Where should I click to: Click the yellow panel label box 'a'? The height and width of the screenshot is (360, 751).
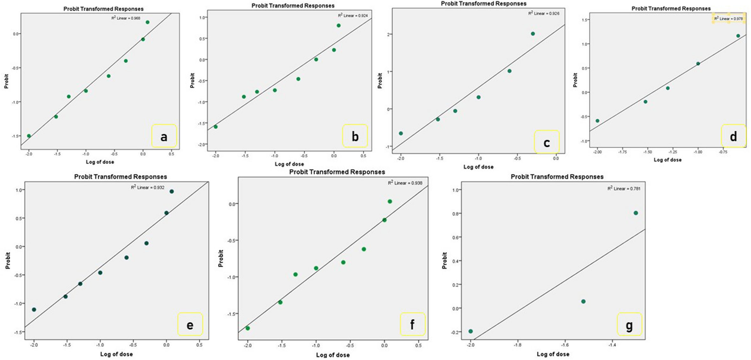pyautogui.click(x=164, y=136)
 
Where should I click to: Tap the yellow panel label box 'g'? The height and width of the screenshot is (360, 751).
pyautogui.click(x=629, y=324)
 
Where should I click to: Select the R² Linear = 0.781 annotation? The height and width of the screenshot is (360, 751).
pyautogui.click(x=624, y=189)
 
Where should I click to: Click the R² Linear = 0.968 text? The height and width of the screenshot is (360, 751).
pyautogui.click(x=126, y=18)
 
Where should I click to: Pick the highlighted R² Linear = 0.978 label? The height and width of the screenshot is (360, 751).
pyautogui.click(x=728, y=19)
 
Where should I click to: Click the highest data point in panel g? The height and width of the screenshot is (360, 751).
pyautogui.click(x=636, y=213)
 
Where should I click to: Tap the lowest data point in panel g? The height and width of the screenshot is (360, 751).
pyautogui.click(x=471, y=331)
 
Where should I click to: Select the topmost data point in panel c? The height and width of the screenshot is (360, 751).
pyautogui.click(x=533, y=34)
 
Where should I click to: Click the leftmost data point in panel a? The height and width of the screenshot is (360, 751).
pyautogui.click(x=29, y=136)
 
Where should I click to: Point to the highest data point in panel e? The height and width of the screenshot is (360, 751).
pyautogui.click(x=172, y=191)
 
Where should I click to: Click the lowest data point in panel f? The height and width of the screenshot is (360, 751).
pyautogui.click(x=248, y=328)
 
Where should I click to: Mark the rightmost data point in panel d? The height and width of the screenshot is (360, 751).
pyautogui.click(x=738, y=36)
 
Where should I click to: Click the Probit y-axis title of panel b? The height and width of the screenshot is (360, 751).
pyautogui.click(x=192, y=80)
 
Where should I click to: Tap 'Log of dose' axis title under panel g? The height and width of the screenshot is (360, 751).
pyautogui.click(x=553, y=354)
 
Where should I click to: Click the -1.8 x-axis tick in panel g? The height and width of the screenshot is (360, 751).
pyautogui.click(x=518, y=345)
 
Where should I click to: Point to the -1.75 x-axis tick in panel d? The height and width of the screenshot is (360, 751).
pyautogui.click(x=622, y=152)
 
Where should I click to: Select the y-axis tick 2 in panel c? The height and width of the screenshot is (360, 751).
pyautogui.click(x=389, y=34)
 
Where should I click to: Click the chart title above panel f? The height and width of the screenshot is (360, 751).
pyautogui.click(x=337, y=172)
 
